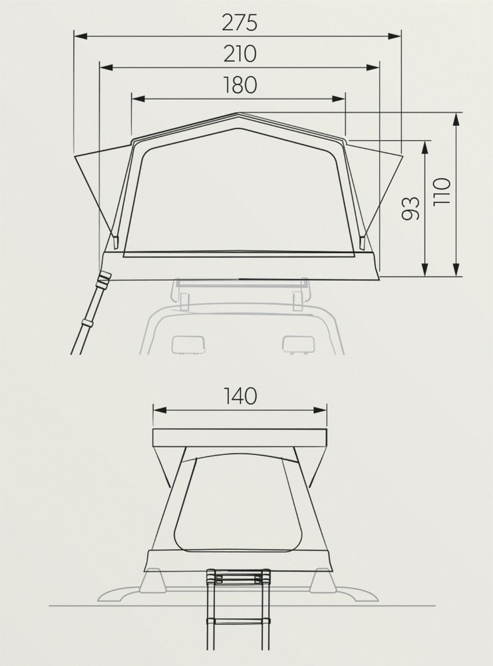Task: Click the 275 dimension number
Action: (x=240, y=23)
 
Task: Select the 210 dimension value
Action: (x=240, y=54)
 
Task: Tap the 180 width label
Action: (x=240, y=85)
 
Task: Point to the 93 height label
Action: (x=411, y=208)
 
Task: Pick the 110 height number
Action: (x=442, y=192)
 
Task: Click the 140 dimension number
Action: (x=240, y=396)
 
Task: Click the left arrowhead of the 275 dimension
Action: (x=81, y=37)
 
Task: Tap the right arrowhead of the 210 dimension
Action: (x=373, y=67)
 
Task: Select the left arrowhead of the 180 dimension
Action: (x=138, y=99)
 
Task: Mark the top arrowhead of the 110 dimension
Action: (x=456, y=119)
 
